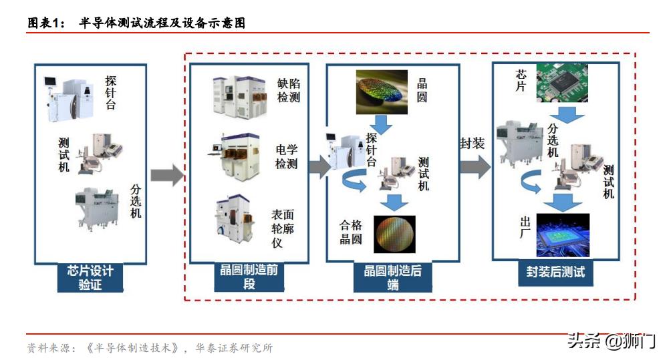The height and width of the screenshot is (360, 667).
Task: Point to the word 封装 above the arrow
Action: [472, 144]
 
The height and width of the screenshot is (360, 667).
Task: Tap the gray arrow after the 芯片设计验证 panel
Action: [166, 175]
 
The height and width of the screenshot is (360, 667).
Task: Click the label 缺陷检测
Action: [288, 90]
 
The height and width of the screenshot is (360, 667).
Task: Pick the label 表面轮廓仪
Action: [281, 228]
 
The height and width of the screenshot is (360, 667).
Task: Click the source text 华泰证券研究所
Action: [233, 348]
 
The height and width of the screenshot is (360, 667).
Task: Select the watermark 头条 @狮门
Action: [611, 341]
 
